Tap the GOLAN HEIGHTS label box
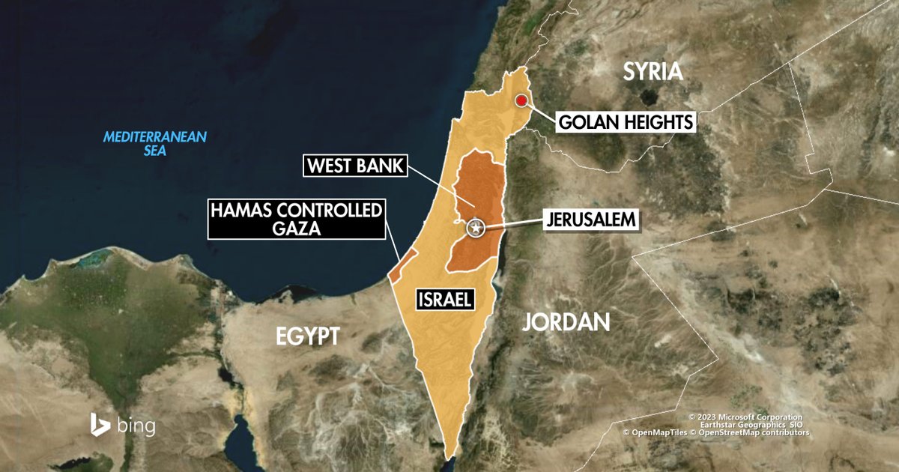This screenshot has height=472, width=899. click(626, 121)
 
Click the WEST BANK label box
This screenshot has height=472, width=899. click(354, 166)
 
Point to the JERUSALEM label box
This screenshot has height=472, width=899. click(592, 220)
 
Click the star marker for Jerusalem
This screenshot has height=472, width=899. click(475, 228)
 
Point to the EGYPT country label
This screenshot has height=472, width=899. click(308, 336)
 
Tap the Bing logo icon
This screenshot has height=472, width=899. click(100, 424)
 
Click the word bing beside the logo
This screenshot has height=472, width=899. click(136, 426)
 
